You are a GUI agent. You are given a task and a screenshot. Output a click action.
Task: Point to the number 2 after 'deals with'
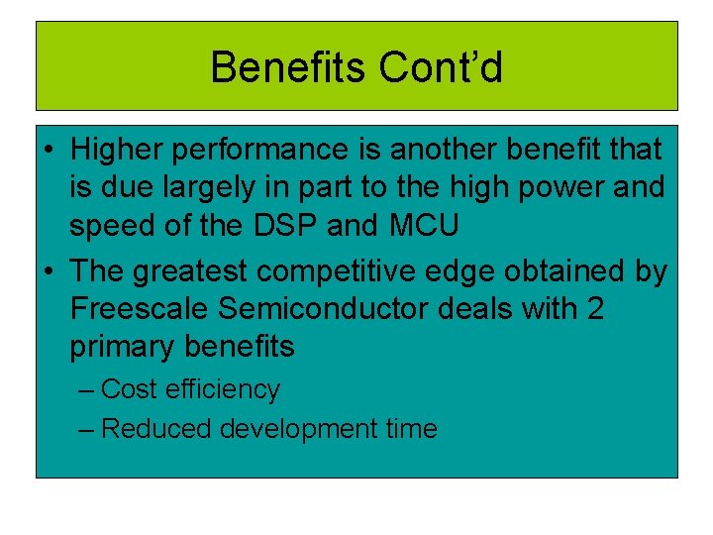[595, 309]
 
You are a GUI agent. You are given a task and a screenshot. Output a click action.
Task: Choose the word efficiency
[223, 389]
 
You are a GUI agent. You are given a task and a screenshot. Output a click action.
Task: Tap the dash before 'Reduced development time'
[86, 429]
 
